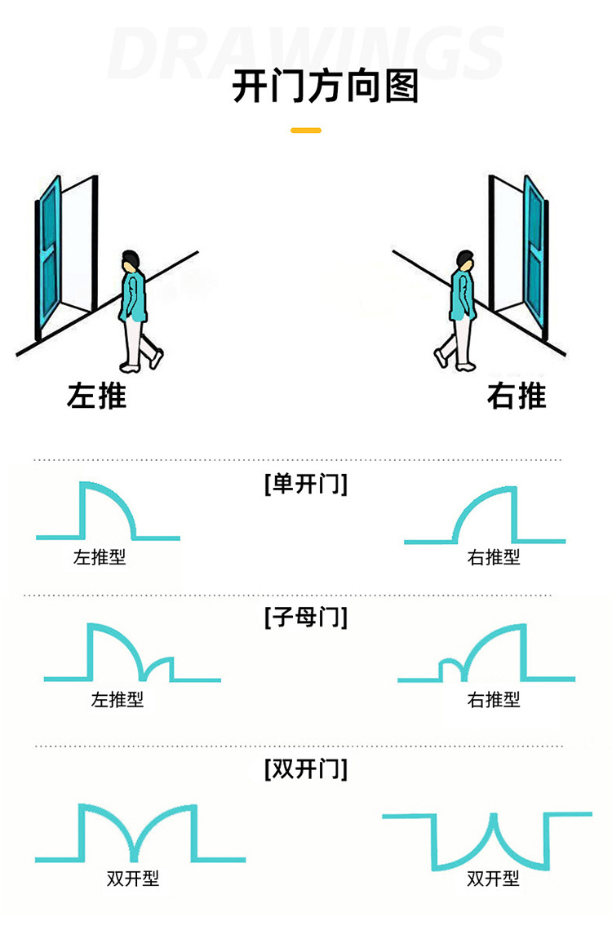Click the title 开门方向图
[325, 86]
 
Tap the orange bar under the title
[306, 130]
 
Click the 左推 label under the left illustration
[96, 396]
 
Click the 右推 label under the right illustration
[517, 396]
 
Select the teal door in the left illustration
[49, 255]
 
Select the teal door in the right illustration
[535, 255]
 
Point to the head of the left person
[131, 262]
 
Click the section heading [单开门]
[306, 484]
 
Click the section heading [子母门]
[306, 618]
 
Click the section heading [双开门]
[306, 769]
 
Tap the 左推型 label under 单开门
[100, 557]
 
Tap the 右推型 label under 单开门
[494, 557]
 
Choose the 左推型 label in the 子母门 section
[118, 700]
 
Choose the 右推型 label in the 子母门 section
[494, 700]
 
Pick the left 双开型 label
[134, 879]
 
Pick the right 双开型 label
[494, 879]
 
